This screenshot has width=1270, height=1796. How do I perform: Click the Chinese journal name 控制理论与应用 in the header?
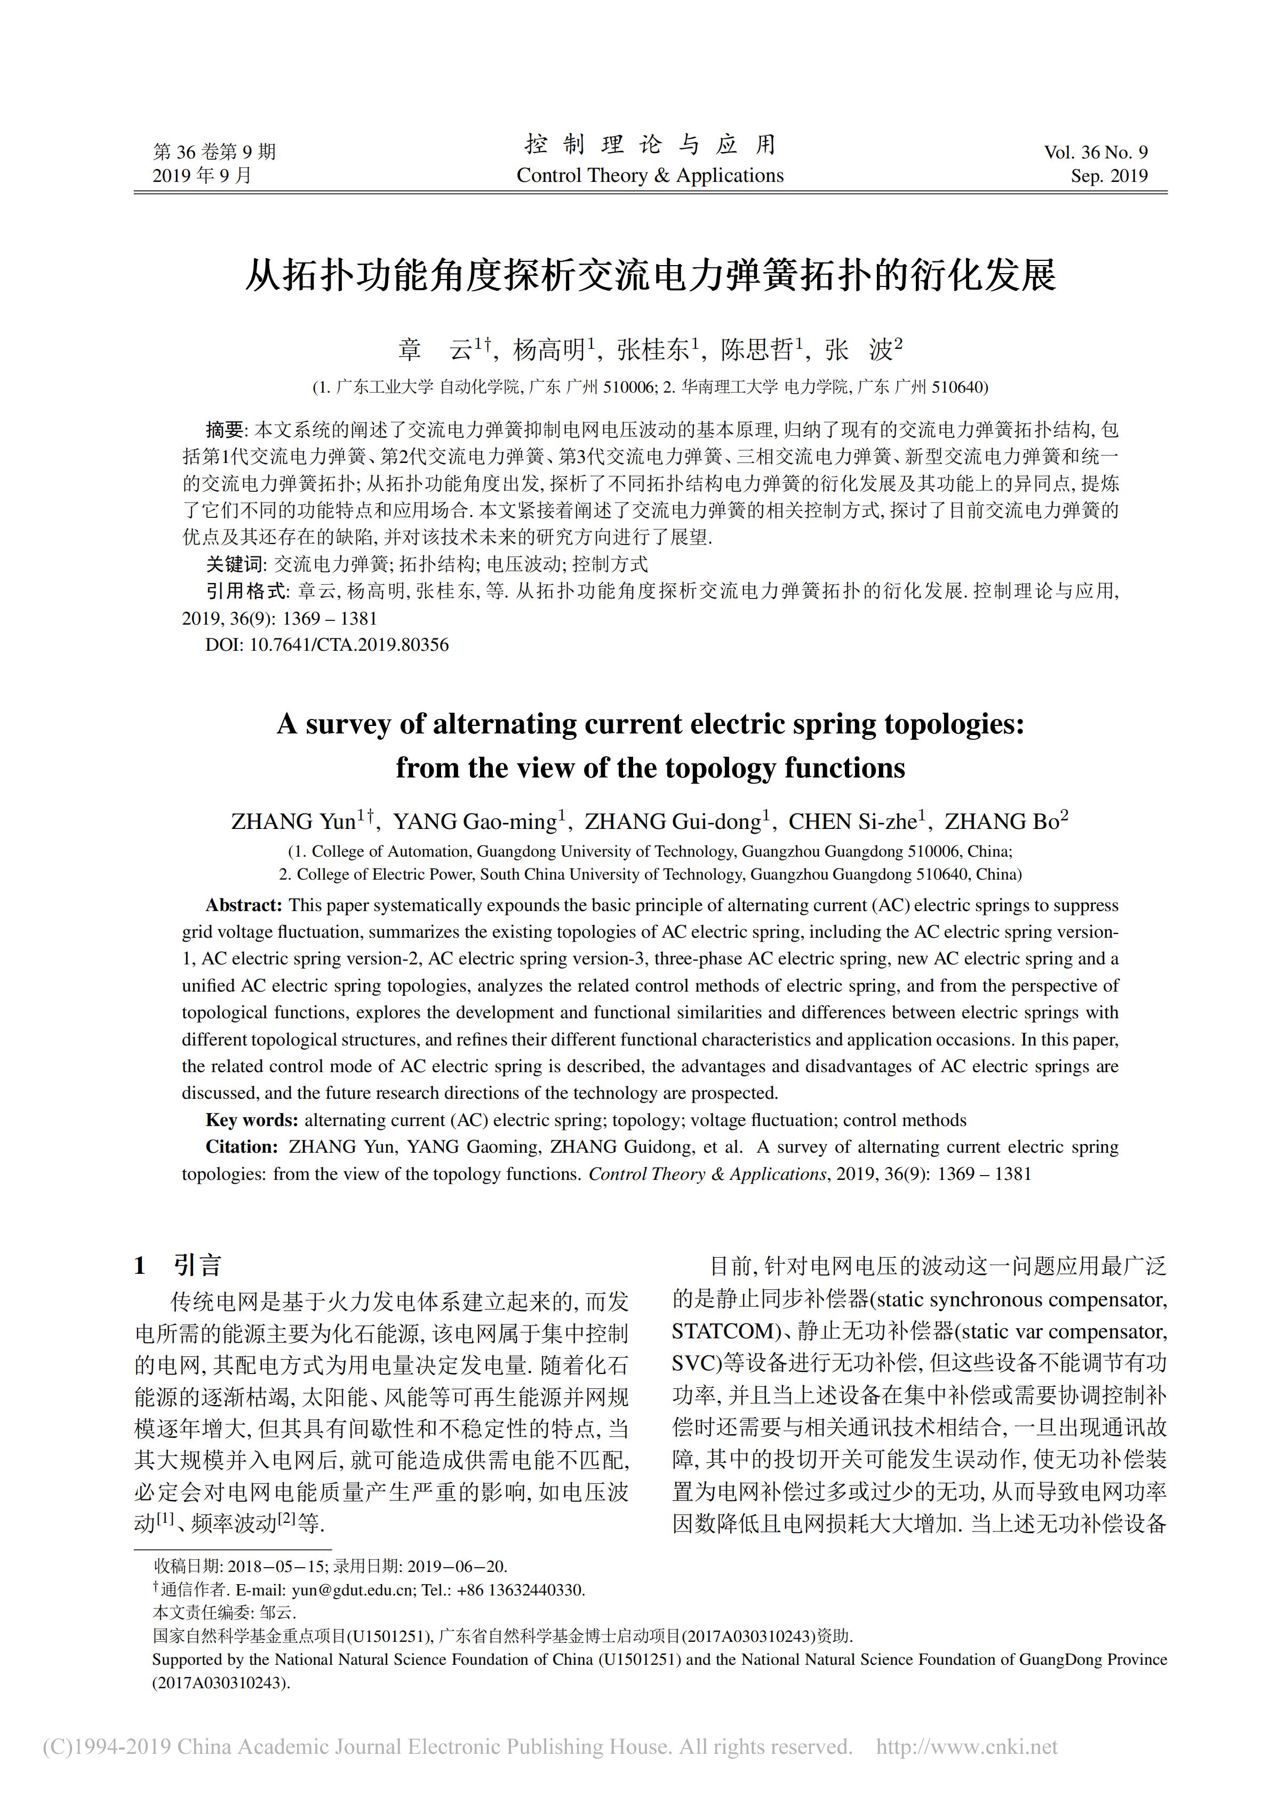pyautogui.click(x=650, y=145)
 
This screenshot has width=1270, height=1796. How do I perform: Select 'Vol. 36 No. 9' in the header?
pyautogui.click(x=1096, y=153)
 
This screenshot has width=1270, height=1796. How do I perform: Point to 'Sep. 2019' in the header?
pyautogui.click(x=1109, y=176)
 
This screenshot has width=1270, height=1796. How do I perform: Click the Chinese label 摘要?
pyautogui.click(x=225, y=429)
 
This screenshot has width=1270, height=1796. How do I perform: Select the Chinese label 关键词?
pyautogui.click(x=235, y=564)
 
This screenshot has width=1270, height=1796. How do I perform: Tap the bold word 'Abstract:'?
pyautogui.click(x=243, y=905)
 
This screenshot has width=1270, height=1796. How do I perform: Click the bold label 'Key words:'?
pyautogui.click(x=251, y=1120)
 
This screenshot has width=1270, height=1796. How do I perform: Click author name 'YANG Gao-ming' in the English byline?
pyautogui.click(x=475, y=822)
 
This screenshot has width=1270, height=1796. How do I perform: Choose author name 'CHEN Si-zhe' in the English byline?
pyautogui.click(x=852, y=822)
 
